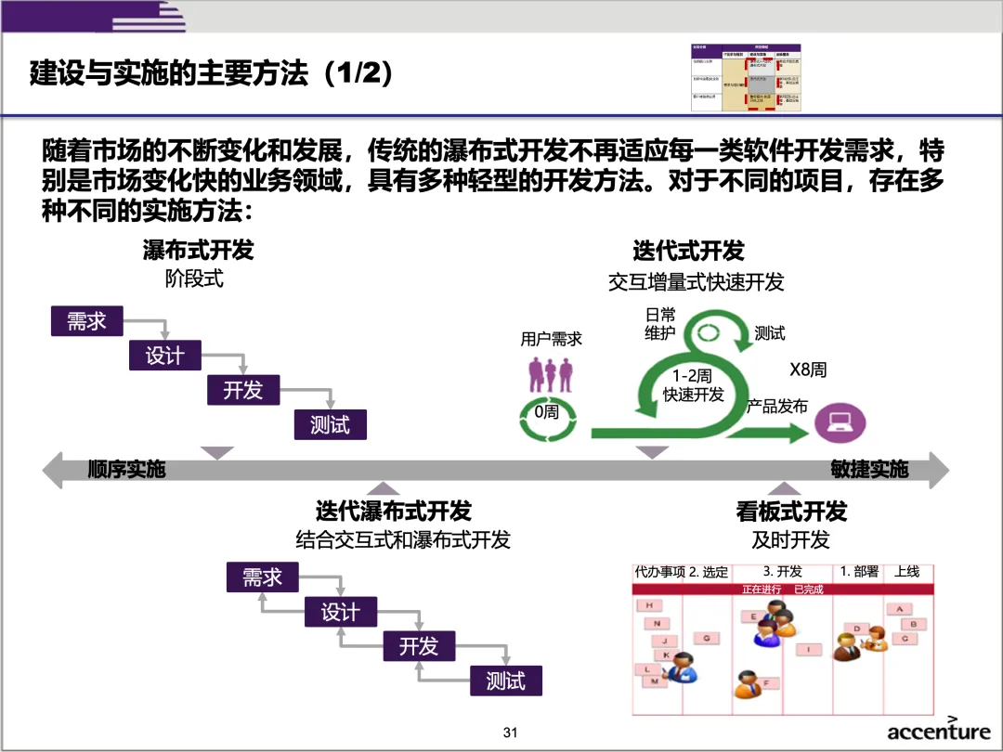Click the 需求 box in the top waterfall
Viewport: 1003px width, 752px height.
point(86,321)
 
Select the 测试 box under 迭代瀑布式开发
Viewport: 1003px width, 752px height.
point(505,681)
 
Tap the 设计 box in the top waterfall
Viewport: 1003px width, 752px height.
point(164,356)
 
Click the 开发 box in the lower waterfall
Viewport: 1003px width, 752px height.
point(419,646)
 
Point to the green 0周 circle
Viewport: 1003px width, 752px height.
point(546,412)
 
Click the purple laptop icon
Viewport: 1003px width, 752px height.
point(840,422)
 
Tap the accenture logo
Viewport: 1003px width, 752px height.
point(938,731)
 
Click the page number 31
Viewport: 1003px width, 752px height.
point(509,733)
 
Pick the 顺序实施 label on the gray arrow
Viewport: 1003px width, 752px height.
point(126,470)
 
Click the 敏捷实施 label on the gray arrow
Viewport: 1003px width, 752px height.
point(869,470)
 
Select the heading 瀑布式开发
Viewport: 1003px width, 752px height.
point(198,250)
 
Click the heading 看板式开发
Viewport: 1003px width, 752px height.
point(791,511)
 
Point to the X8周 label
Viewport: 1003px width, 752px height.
point(807,370)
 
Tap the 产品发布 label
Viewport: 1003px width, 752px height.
point(777,407)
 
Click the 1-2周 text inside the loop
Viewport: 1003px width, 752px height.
point(693,376)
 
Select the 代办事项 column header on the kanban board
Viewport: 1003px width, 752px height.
point(659,573)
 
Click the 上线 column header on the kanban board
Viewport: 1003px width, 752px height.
point(906,572)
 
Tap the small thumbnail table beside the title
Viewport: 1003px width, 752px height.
point(745,78)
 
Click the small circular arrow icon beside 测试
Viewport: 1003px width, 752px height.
point(710,333)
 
